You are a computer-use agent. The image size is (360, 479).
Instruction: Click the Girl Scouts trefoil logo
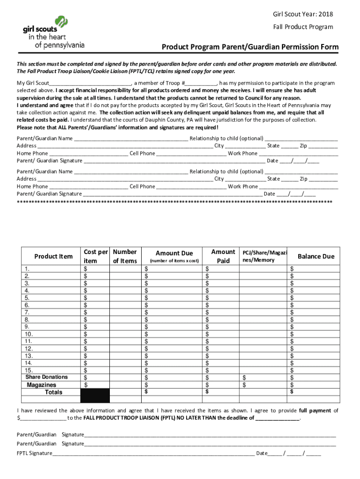[62, 22]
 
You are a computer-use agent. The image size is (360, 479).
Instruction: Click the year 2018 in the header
[324, 14]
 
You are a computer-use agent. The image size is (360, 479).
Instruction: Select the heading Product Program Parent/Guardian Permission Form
[250, 47]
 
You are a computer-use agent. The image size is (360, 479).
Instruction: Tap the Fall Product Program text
[303, 27]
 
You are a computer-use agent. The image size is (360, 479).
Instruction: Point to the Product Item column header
[53, 256]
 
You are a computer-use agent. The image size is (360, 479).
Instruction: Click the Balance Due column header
[316, 256]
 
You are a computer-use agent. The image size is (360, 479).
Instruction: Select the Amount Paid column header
[223, 256]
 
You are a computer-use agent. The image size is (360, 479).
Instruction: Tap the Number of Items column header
[125, 256]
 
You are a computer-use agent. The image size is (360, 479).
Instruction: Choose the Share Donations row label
[46, 377]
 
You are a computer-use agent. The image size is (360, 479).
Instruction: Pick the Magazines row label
[42, 385]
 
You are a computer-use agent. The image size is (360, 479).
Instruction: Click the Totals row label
[53, 392]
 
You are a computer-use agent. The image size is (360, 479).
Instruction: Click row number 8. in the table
[28, 319]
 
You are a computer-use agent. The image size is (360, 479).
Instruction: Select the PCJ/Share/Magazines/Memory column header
[264, 256]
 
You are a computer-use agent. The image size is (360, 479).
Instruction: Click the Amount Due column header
[174, 253]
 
